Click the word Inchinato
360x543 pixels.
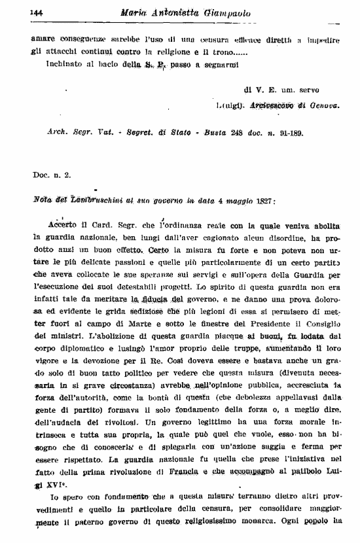(x=64, y=65)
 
